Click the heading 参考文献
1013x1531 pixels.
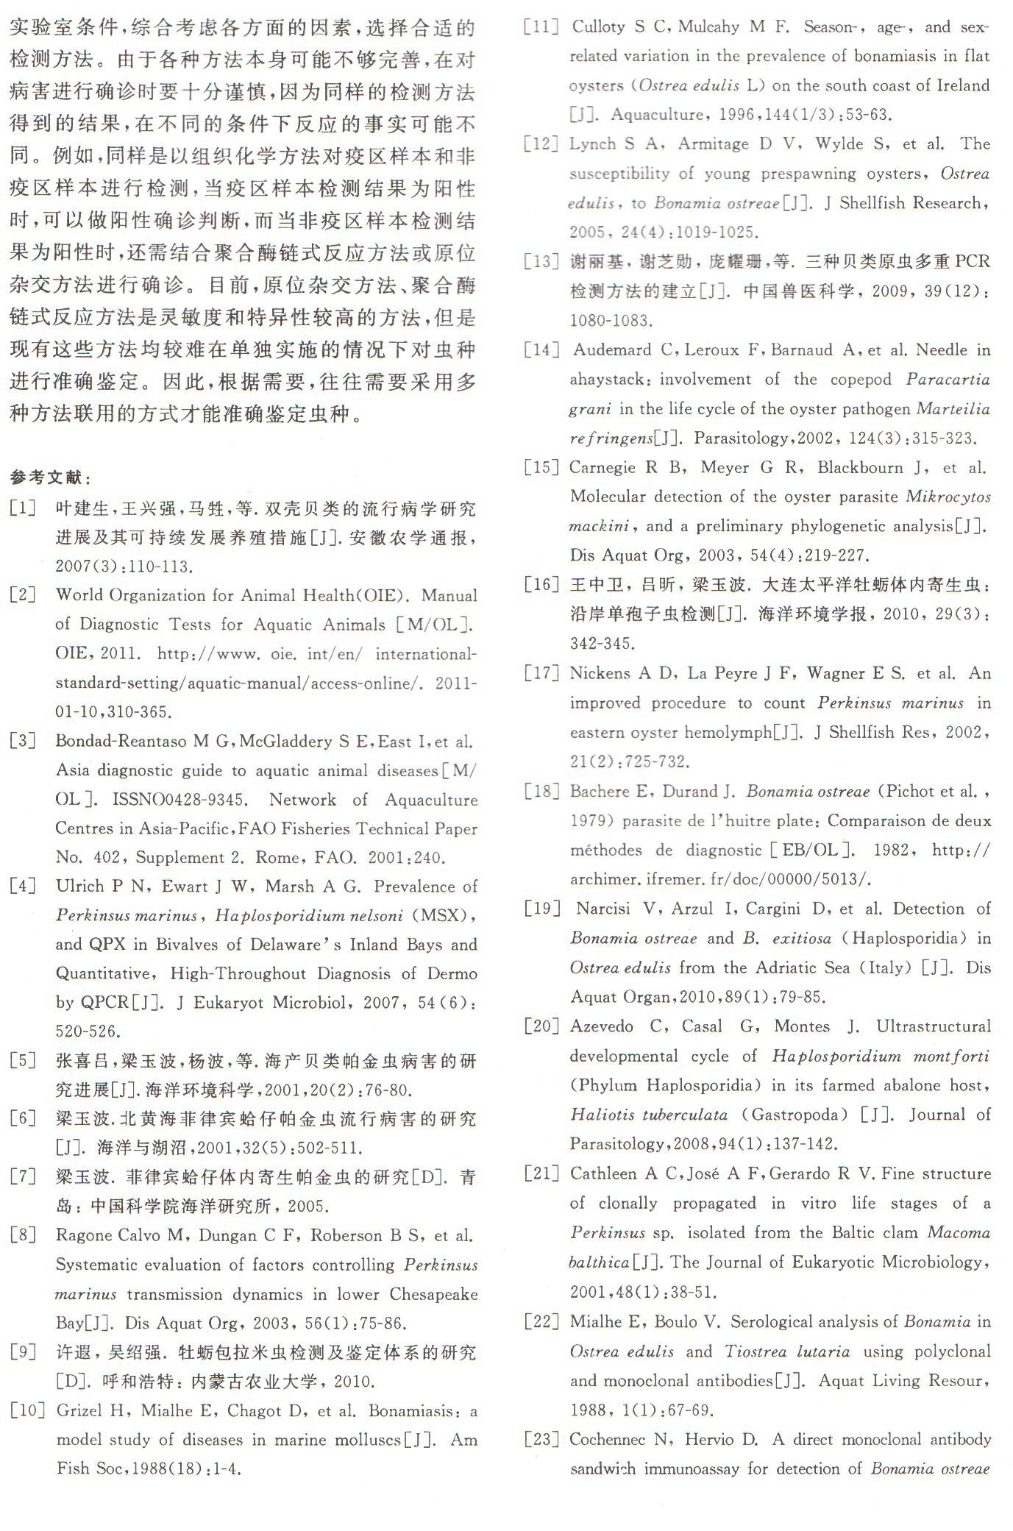tap(50, 477)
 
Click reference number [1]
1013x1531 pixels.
tap(23, 508)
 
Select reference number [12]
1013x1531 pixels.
tap(541, 143)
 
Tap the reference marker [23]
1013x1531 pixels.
tap(541, 1439)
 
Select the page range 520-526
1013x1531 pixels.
tap(88, 1031)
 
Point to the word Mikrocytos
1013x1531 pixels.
tap(948, 497)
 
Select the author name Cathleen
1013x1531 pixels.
tap(604, 1173)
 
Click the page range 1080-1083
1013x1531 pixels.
tap(610, 320)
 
